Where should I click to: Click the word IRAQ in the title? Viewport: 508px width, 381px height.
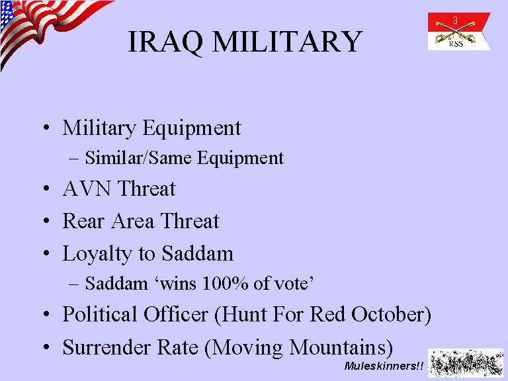click(x=165, y=42)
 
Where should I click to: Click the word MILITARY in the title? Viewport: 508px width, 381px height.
click(x=287, y=41)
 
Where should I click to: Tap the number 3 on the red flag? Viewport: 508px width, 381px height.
click(x=455, y=21)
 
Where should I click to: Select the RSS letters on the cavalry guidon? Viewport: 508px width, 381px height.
click(x=456, y=44)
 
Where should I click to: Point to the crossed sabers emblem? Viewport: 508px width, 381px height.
click(x=455, y=32)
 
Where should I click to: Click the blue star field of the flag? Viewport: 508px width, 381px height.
click(x=6, y=15)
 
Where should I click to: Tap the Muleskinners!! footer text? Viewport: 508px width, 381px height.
click(x=384, y=366)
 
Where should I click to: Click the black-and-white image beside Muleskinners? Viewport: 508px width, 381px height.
click(x=466, y=363)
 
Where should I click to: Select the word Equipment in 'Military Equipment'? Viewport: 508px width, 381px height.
click(x=192, y=128)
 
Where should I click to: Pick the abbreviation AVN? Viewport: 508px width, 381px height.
click(x=87, y=189)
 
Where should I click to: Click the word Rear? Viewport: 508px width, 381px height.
click(x=83, y=221)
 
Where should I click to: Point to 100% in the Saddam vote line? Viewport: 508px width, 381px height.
click(x=226, y=283)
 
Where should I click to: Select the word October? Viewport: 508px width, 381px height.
click(x=388, y=314)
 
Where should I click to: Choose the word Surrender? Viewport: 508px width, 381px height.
click(x=106, y=347)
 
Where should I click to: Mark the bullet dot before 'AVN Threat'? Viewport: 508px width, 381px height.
click(x=46, y=189)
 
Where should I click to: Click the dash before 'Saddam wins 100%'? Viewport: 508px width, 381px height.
click(x=73, y=284)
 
